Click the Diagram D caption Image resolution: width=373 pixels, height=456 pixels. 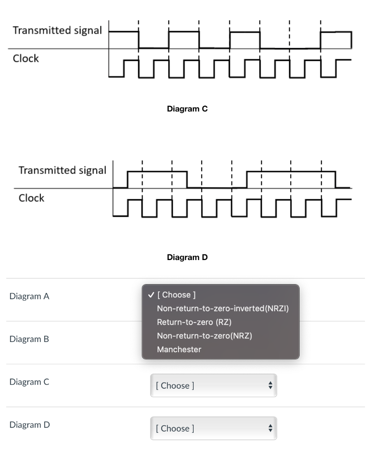pos(187,257)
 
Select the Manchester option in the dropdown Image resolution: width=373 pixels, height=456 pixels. pos(179,350)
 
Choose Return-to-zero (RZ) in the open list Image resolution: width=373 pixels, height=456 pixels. pos(194,322)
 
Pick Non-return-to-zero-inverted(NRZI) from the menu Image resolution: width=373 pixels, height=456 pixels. pos(223,309)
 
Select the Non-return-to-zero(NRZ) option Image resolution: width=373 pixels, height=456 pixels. pos(204,336)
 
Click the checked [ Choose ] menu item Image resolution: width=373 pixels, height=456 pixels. pos(176,295)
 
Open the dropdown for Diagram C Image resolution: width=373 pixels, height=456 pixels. pos(213,386)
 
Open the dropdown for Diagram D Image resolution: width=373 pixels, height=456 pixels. pos(213,428)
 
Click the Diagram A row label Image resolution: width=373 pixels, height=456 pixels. pos(29,297)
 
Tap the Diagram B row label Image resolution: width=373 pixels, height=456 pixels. pos(29,339)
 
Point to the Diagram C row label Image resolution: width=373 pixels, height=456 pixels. pos(29,382)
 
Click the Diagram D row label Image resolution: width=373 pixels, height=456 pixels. pos(29,425)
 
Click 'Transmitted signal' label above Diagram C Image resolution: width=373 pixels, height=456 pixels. pos(57,31)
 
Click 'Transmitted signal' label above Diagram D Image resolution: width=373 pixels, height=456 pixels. pos(62,171)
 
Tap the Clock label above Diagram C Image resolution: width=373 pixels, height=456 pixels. pos(26,58)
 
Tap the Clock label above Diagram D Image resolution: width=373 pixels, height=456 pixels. pos(31,198)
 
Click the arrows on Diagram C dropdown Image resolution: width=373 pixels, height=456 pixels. pos(268,386)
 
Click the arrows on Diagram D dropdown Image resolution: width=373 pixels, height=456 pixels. pos(268,428)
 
